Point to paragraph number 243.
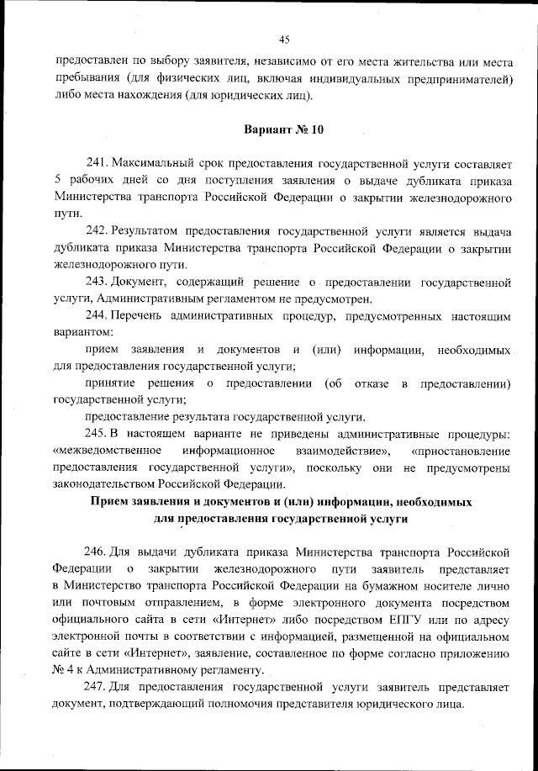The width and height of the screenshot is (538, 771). click(98, 283)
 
